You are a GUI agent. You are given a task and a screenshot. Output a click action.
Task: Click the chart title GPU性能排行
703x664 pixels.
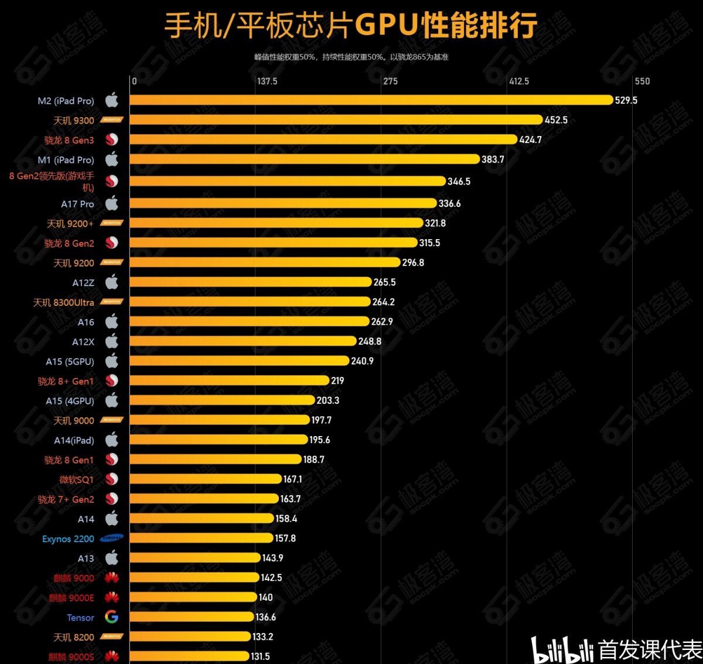pyautogui.click(x=350, y=25)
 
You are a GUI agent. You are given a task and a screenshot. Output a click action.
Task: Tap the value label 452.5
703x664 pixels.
pyautogui.click(x=556, y=120)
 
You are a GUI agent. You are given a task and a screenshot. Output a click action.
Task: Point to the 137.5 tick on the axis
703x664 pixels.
pyautogui.click(x=267, y=81)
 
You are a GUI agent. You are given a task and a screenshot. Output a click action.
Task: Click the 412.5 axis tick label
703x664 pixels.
pyautogui.click(x=518, y=81)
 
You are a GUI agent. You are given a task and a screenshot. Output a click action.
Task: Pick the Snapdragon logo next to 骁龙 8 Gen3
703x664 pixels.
pyautogui.click(x=111, y=139)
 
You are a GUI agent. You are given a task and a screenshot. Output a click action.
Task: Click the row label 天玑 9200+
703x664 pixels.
pyautogui.click(x=70, y=224)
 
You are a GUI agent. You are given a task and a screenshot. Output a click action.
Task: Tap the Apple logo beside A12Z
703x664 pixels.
pyautogui.click(x=111, y=282)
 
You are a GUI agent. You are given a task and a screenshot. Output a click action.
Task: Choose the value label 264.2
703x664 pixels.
pyautogui.click(x=384, y=302)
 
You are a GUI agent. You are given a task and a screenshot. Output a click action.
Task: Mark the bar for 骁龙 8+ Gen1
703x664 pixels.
pyautogui.click(x=229, y=380)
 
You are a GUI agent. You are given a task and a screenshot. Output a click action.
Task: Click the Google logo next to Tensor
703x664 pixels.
pyautogui.click(x=111, y=617)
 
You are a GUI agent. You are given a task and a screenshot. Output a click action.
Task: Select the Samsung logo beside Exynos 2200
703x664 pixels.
pyautogui.click(x=111, y=538)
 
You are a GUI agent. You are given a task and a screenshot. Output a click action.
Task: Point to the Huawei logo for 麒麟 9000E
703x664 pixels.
pyautogui.click(x=111, y=598)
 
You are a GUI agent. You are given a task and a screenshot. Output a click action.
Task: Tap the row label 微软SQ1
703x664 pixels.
pyautogui.click(x=76, y=479)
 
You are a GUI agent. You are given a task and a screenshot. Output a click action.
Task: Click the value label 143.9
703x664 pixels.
pyautogui.click(x=272, y=558)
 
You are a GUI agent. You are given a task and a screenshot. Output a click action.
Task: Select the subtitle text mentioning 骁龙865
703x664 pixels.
pyautogui.click(x=351, y=57)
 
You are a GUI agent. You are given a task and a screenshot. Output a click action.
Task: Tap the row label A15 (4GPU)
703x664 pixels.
pyautogui.click(x=70, y=401)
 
